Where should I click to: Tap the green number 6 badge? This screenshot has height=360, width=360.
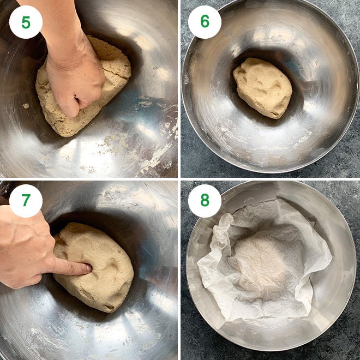(x=205, y=22)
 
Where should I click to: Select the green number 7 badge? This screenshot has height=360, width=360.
(x=26, y=201)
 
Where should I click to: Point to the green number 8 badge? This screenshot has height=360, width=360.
(x=205, y=201)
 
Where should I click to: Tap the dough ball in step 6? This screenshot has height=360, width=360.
(x=262, y=87)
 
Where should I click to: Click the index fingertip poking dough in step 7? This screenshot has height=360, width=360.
(x=86, y=268)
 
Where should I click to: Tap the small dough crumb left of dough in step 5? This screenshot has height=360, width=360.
(x=26, y=105)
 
